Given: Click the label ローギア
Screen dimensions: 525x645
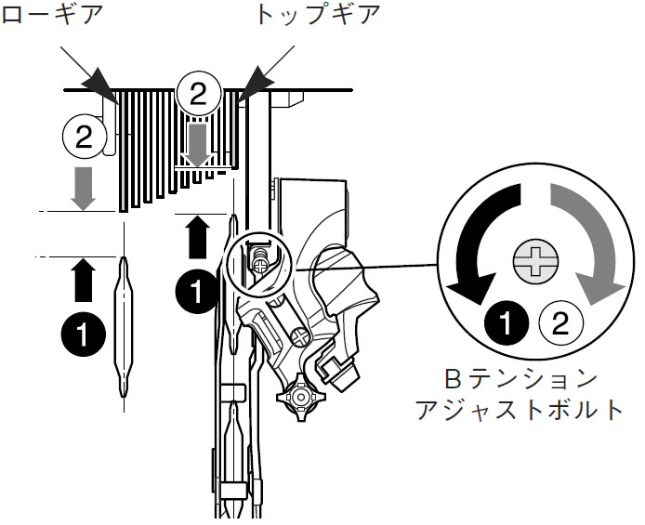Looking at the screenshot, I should pyautogui.click(x=51, y=15).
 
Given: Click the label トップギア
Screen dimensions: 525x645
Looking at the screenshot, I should pyautogui.click(x=315, y=15).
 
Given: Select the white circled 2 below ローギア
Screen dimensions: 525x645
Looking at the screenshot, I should pyautogui.click(x=84, y=138).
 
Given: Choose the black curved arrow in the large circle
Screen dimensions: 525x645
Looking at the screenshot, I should pyautogui.click(x=477, y=243).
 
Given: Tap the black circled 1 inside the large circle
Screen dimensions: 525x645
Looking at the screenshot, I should pyautogui.click(x=507, y=323).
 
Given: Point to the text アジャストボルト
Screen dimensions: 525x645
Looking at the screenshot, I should pyautogui.click(x=529, y=410).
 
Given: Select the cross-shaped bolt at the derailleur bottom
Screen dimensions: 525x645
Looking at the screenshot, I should pyautogui.click(x=300, y=399).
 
